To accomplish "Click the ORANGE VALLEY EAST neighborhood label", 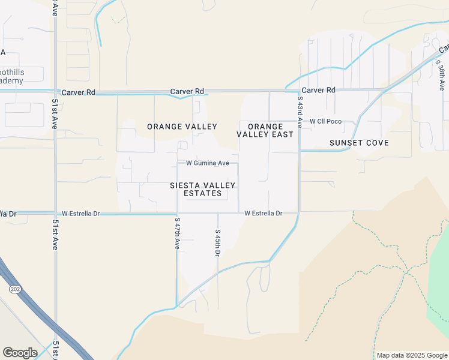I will pyautogui.click(x=265, y=130).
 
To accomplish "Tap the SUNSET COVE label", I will pyautogui.click(x=359, y=143).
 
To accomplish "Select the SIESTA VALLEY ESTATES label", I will pyautogui.click(x=202, y=190).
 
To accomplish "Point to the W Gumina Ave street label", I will pyautogui.click(x=208, y=163).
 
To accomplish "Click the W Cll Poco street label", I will pyautogui.click(x=325, y=121).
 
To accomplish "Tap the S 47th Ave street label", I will pyautogui.click(x=177, y=233).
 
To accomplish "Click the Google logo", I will pyautogui.click(x=20, y=352).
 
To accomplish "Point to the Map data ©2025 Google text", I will pyautogui.click(x=412, y=355).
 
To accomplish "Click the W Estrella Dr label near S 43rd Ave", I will pyautogui.click(x=264, y=213).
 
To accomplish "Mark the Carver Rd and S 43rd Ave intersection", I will pyautogui.click(x=299, y=91).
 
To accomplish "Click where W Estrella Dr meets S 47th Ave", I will pyautogui.click(x=177, y=213).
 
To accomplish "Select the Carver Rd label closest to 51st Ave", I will pyautogui.click(x=78, y=92).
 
